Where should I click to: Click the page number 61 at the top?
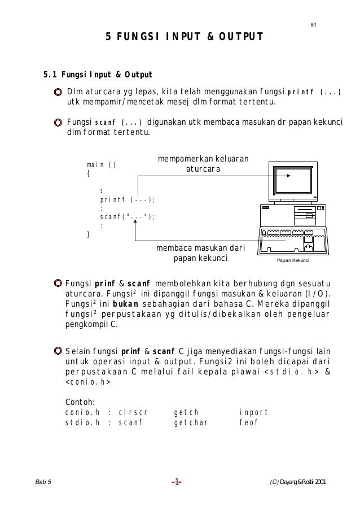314,24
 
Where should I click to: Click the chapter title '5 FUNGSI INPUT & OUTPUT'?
185,38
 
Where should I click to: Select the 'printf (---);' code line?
128,199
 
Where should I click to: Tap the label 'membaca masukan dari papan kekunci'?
200,253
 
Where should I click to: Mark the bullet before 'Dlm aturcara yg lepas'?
58,93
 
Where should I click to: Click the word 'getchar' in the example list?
191,422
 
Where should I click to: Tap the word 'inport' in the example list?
253,412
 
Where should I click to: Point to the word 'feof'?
248,422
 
